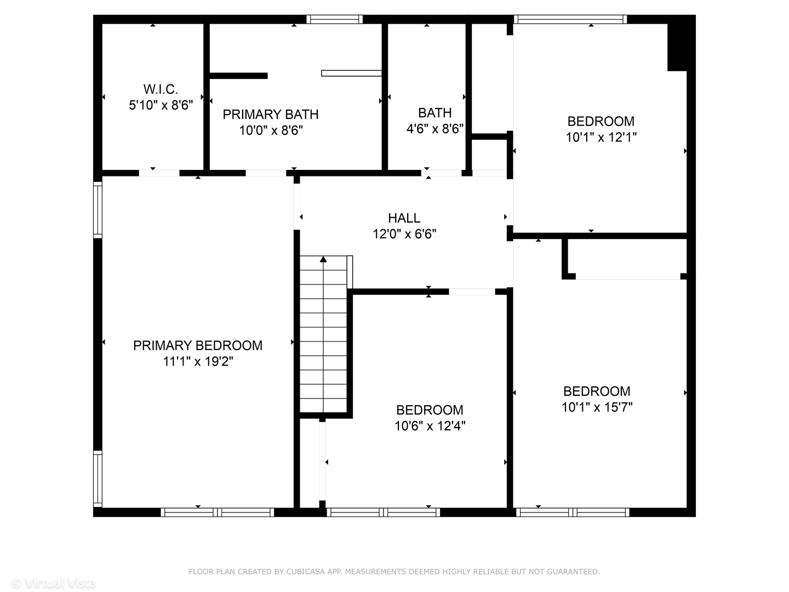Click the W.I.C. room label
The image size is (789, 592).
click(161, 89)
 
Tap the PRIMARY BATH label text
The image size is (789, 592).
click(270, 115)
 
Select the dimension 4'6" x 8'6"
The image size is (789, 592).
click(434, 129)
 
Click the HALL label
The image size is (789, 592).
click(404, 218)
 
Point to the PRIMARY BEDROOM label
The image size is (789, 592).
click(198, 345)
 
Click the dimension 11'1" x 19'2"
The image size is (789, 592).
click(198, 362)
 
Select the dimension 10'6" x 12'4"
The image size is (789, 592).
click(430, 426)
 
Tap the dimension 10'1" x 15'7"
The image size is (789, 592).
click(597, 407)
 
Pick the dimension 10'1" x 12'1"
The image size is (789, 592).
click(601, 137)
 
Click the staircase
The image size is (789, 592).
click(323, 340)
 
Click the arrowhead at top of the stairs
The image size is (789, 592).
click(323, 259)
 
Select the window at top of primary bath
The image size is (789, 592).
click(334, 19)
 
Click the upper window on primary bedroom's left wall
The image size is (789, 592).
click(98, 209)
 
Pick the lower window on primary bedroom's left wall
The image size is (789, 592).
click(98, 479)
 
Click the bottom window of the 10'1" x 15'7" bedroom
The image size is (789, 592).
click(573, 513)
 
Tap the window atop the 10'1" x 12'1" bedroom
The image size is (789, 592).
click(570, 19)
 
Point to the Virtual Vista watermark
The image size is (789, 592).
click(54, 583)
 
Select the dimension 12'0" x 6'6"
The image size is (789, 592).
click(404, 235)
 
